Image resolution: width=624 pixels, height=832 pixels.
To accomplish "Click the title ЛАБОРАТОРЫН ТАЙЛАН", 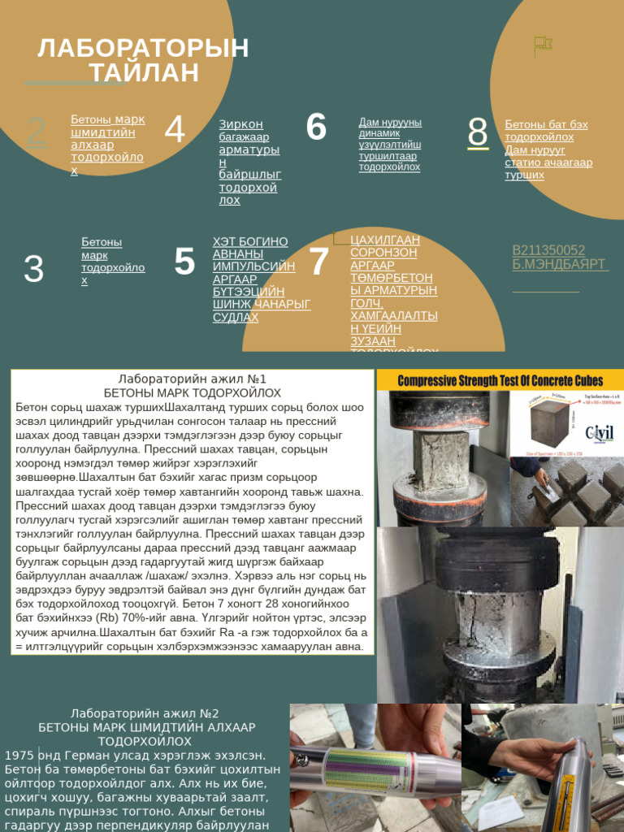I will (x=143, y=60).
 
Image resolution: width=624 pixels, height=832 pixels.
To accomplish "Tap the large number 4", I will (x=175, y=130).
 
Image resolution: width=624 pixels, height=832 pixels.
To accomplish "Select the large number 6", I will (x=316, y=128).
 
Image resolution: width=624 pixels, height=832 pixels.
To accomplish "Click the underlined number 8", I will (x=478, y=132).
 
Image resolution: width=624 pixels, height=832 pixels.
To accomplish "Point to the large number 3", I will (x=33, y=269).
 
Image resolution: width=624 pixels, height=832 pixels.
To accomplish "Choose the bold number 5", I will (x=184, y=262).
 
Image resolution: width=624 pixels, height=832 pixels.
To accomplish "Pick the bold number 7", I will (x=318, y=262).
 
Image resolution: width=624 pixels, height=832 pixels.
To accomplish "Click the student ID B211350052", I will (x=548, y=250).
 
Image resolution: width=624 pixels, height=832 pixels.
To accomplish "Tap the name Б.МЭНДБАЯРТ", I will (x=559, y=265).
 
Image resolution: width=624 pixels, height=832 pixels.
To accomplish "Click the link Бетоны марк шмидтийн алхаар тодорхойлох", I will (x=107, y=145).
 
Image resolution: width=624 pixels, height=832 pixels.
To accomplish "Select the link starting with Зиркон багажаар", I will (x=249, y=162).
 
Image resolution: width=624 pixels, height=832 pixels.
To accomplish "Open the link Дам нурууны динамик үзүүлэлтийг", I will (x=390, y=145).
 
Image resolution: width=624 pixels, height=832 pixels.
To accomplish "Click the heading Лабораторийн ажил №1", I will (x=192, y=379).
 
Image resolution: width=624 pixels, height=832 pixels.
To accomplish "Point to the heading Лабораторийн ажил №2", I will (x=145, y=713).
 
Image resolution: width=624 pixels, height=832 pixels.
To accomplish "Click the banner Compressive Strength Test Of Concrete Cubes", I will (x=500, y=380).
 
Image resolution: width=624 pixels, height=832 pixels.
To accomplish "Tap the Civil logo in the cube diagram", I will (x=599, y=431).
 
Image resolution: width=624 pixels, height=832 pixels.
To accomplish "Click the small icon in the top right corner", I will (x=542, y=45).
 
